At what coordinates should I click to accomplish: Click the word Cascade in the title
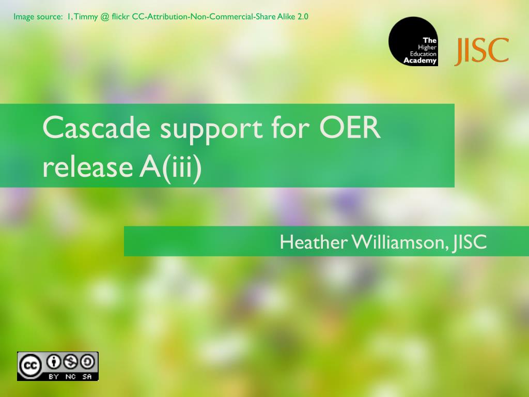(97, 127)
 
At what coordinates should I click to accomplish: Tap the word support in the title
(211, 130)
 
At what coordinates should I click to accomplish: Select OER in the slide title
(350, 127)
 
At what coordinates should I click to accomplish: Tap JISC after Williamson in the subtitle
(470, 242)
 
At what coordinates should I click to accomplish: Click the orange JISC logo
(482, 51)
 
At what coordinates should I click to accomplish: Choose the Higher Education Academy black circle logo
(413, 41)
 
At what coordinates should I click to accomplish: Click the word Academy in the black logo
(420, 61)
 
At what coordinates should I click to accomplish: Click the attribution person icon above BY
(53, 362)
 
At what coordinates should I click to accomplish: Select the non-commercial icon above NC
(71, 362)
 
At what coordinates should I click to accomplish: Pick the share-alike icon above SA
(88, 362)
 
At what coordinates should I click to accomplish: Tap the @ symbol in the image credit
(105, 17)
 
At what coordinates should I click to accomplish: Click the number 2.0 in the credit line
(303, 17)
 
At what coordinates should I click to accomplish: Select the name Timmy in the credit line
(86, 17)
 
